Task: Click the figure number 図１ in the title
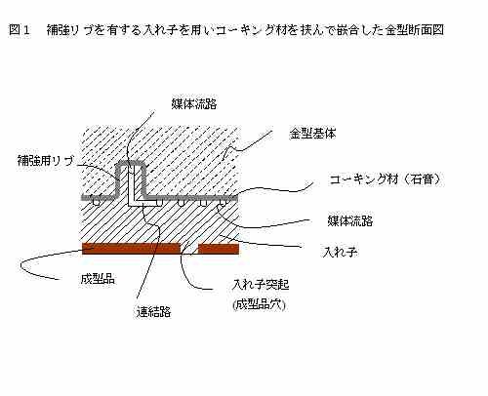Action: [x=20, y=30]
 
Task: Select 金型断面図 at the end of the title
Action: [x=415, y=30]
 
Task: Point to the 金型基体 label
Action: [x=312, y=134]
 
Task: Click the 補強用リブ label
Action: [x=46, y=160]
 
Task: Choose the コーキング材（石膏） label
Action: [x=386, y=179]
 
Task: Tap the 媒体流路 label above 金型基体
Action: [x=194, y=103]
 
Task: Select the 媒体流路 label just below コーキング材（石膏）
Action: [x=349, y=220]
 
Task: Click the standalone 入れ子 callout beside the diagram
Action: [x=341, y=252]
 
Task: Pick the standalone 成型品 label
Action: [x=98, y=279]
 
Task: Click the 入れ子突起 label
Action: [x=261, y=285]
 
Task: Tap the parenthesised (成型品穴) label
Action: [x=260, y=304]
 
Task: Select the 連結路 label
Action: [x=154, y=312]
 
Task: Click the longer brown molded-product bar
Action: [x=131, y=249]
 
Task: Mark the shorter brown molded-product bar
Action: [x=219, y=249]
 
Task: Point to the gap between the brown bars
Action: [x=189, y=249]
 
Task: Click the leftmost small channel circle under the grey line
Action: [x=96, y=202]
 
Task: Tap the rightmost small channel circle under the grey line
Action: [x=223, y=203]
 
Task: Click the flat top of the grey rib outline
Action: [x=131, y=163]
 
